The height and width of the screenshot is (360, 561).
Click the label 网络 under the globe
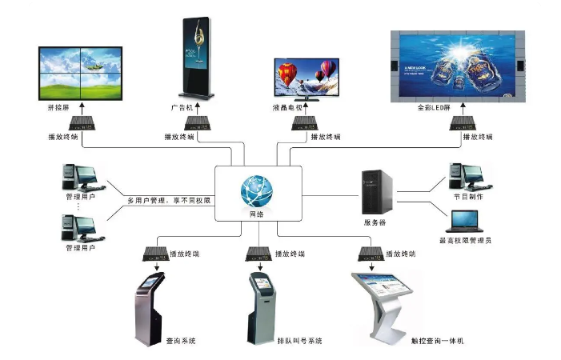pyautogui.click(x=258, y=215)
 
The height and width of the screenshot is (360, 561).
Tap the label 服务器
pyautogui.click(x=375, y=222)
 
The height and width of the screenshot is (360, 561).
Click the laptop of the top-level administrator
pyautogui.click(x=463, y=220)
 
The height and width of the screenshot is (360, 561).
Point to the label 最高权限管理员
pyautogui.click(x=467, y=240)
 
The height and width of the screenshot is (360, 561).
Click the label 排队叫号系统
pyautogui.click(x=299, y=341)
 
